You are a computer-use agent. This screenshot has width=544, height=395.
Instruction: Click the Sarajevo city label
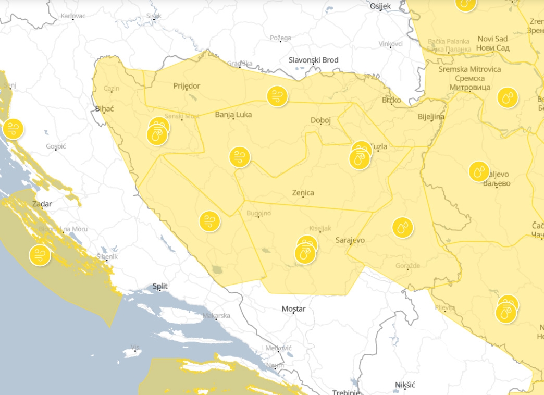[x=350, y=240]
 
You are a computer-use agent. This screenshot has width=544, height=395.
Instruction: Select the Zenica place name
[x=303, y=193]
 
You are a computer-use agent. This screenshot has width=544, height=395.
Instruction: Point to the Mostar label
[x=293, y=309]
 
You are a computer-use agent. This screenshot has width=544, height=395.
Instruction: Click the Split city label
[x=160, y=286]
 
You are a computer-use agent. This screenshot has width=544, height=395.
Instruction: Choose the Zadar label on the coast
[x=42, y=204]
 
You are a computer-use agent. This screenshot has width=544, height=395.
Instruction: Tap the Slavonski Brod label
[x=313, y=60]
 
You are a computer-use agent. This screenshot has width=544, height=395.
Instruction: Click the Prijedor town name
[x=187, y=86]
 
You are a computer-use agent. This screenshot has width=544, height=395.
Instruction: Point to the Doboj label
[x=320, y=120]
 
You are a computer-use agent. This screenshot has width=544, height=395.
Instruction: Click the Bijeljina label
[x=430, y=117]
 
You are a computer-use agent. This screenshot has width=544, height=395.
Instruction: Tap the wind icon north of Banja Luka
[x=277, y=96]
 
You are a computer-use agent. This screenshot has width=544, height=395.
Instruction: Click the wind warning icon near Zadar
[x=40, y=255]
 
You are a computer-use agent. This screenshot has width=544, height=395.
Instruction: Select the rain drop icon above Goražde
[x=402, y=228]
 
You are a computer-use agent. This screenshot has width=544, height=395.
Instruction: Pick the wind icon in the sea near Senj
[x=13, y=129]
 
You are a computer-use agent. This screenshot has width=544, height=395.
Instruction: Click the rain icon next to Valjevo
[x=479, y=172]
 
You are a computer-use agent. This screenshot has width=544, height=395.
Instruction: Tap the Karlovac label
[x=73, y=16]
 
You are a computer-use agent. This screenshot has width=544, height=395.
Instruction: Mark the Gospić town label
[x=56, y=146]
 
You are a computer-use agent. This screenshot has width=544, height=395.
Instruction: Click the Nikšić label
[x=404, y=385]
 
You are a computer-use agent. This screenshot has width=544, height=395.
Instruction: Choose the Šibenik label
[x=107, y=257]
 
